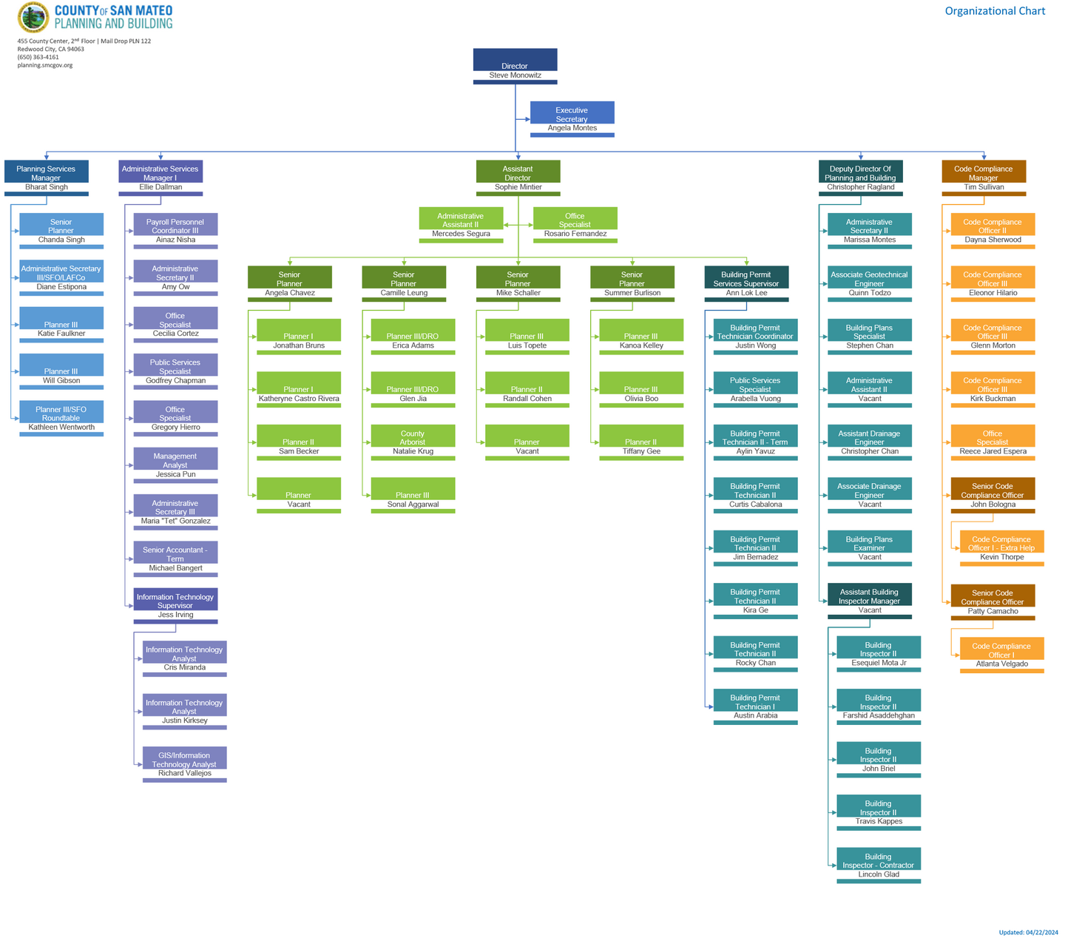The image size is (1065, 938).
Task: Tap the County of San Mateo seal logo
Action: tap(33, 17)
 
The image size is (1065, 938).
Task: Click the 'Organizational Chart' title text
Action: tap(995, 11)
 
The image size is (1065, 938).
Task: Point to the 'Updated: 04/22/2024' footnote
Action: tap(1028, 932)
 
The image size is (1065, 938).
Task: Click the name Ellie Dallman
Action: tap(160, 187)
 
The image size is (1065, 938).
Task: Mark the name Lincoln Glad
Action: tap(879, 874)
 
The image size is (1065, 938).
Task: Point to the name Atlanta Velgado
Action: tap(1001, 664)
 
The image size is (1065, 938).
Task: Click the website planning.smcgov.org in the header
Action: tap(44, 65)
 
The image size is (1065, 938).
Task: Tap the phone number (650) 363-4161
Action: tap(38, 57)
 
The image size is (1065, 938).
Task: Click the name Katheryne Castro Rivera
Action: tap(299, 399)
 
